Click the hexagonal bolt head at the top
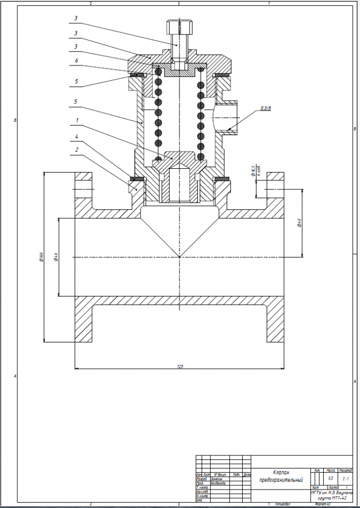point(178,27)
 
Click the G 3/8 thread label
point(265,108)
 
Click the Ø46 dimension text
point(56,257)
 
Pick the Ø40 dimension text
point(299,222)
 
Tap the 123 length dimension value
point(179,366)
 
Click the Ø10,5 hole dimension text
point(253,172)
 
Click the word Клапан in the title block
point(281,472)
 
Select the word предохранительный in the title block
point(281,480)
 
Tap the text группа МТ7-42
point(331,497)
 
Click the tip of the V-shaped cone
point(179,256)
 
